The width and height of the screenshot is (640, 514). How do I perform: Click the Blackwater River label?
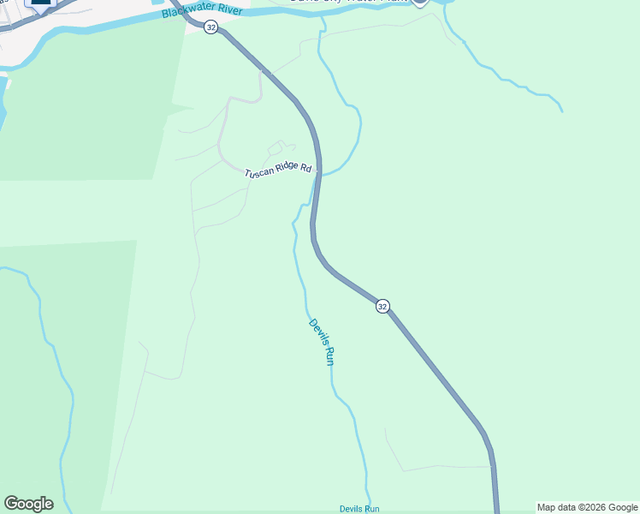(x=204, y=13)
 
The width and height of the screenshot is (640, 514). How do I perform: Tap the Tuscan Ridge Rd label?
(x=277, y=171)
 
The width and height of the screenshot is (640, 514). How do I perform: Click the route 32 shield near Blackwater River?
(x=211, y=27)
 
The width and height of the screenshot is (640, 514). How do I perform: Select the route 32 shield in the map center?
(x=382, y=306)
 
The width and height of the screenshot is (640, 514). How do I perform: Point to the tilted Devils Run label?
(x=320, y=343)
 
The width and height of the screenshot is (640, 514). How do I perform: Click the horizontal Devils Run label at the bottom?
(x=359, y=509)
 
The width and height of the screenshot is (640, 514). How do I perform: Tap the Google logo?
(x=28, y=504)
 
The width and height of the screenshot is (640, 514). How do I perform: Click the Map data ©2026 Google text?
(x=588, y=508)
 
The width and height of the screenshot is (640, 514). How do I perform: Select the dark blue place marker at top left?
(x=40, y=4)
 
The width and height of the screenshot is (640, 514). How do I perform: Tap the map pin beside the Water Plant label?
(x=418, y=3)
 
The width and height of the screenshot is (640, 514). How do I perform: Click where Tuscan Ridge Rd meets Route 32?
(x=317, y=171)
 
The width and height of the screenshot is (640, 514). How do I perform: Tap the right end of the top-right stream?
(x=561, y=111)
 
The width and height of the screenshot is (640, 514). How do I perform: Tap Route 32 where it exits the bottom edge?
(x=496, y=511)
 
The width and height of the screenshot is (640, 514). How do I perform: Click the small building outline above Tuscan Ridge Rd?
(x=275, y=149)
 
